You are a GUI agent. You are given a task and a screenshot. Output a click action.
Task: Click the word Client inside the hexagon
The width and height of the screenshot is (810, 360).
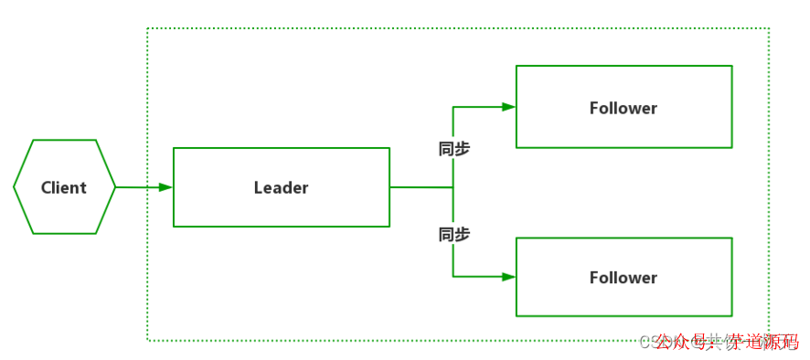[x=64, y=187]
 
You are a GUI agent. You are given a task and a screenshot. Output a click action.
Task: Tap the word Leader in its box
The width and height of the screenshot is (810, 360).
[x=281, y=187]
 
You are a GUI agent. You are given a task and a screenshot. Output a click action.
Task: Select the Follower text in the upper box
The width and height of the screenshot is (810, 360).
[x=623, y=108]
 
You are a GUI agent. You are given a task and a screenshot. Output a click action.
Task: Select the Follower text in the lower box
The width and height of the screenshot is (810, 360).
[x=623, y=278]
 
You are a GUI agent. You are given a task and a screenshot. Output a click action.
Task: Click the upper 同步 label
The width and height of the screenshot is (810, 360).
[x=454, y=149]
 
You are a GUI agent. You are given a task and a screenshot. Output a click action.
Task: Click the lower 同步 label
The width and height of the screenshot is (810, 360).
[x=454, y=235]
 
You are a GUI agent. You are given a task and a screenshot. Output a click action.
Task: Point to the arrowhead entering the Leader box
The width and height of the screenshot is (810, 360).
[x=165, y=187]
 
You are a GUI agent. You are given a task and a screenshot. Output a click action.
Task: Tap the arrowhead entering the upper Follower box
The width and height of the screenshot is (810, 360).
[x=508, y=107]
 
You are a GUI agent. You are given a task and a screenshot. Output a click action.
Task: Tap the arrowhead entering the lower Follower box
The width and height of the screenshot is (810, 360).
[x=508, y=276]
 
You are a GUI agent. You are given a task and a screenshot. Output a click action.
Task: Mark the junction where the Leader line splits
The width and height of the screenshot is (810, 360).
[x=453, y=187]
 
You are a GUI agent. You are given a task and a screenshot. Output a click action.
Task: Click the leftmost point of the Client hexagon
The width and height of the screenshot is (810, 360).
[x=14, y=187]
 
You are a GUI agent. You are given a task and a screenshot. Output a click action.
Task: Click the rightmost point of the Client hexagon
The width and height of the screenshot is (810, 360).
[x=116, y=187]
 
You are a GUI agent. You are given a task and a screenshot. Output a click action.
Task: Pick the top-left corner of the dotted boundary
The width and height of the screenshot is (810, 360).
[x=148, y=28]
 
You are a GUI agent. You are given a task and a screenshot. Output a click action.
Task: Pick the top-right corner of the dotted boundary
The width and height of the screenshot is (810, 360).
[x=769, y=28]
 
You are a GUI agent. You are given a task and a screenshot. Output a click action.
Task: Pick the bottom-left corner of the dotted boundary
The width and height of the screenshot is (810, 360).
[x=148, y=341]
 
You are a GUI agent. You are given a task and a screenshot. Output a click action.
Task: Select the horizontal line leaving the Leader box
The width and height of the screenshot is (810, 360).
[x=421, y=187]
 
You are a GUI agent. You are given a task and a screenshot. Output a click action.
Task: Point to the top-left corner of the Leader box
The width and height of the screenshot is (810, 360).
[x=174, y=148]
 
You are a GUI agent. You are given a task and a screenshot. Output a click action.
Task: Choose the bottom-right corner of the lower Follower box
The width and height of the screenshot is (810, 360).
[x=732, y=316]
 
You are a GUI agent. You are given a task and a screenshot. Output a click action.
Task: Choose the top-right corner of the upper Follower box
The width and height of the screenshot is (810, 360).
[x=732, y=66]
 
